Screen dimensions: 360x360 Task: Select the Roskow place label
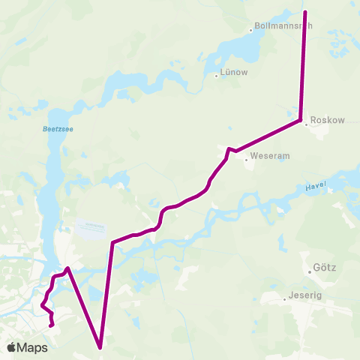327,119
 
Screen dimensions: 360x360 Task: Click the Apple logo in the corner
12,347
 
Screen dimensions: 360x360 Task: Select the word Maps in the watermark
33,348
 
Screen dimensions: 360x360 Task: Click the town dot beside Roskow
306,124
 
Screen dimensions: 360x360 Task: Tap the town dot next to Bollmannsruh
251,30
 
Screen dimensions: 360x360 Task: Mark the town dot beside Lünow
215,74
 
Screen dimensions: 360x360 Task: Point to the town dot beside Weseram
246,157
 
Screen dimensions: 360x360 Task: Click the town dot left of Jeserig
285,298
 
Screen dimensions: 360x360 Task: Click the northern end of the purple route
305,12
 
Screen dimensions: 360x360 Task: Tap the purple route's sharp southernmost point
100,347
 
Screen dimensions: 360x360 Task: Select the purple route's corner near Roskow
301,120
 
